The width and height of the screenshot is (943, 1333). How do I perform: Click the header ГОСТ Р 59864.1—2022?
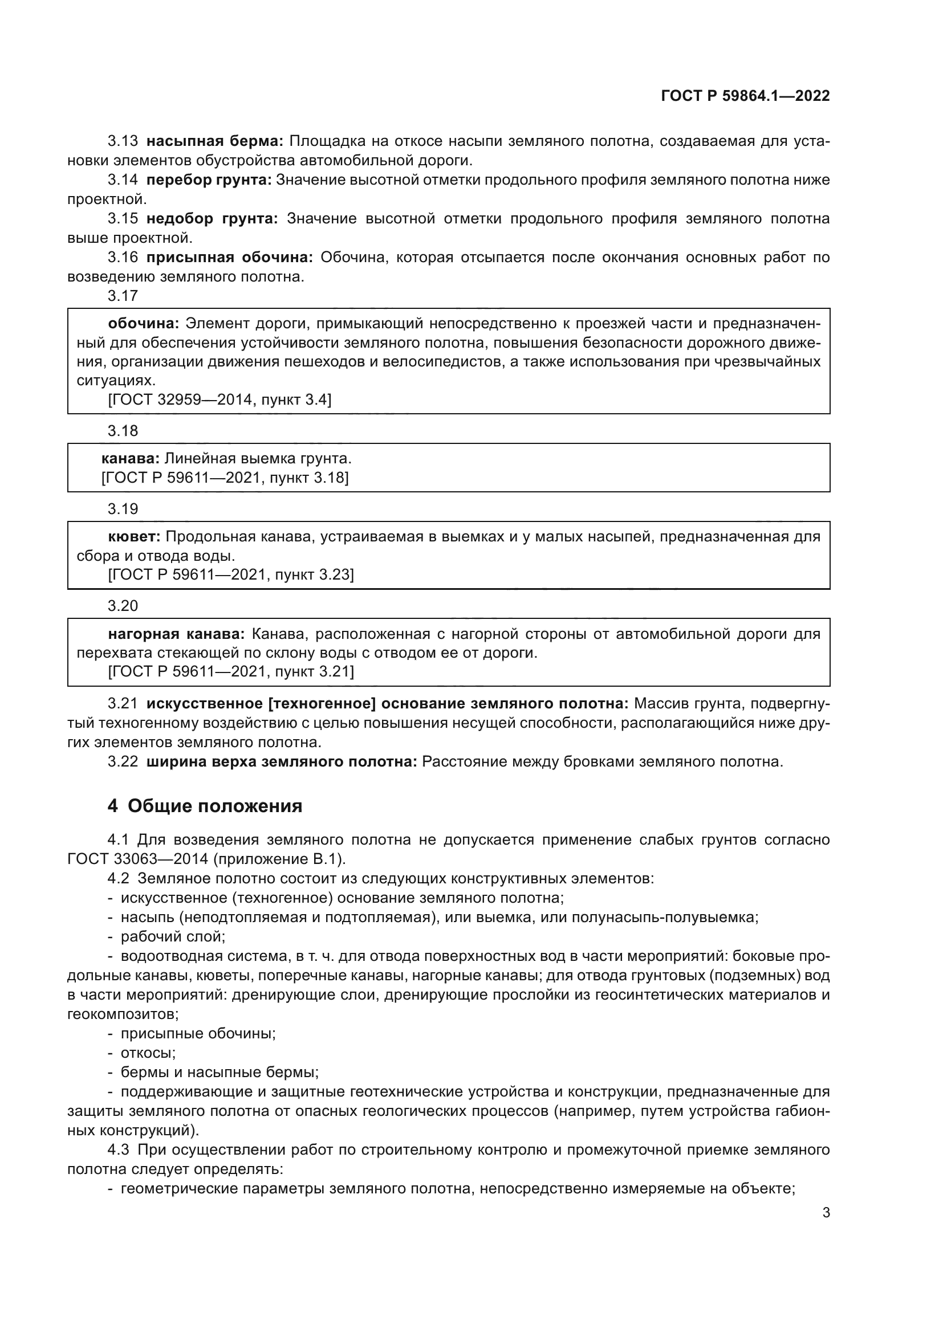(745, 96)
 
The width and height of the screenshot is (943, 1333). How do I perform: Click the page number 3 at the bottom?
(826, 1212)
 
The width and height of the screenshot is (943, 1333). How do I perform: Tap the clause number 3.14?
(123, 180)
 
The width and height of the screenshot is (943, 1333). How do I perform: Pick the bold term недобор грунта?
(212, 219)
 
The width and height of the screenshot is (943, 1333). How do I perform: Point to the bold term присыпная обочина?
(229, 257)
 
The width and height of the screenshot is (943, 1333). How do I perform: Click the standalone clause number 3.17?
(123, 296)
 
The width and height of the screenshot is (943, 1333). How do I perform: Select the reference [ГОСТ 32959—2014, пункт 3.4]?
(220, 400)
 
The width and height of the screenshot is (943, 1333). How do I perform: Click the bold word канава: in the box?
(130, 459)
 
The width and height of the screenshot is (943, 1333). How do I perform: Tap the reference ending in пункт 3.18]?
(225, 478)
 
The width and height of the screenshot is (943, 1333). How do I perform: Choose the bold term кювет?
(134, 536)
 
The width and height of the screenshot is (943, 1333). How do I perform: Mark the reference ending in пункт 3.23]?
(230, 575)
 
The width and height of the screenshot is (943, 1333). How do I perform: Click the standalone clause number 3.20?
(123, 606)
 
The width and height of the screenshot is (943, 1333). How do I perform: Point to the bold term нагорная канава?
(177, 633)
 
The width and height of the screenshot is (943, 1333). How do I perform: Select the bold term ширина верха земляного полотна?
(282, 762)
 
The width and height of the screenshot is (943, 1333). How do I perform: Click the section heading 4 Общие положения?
(205, 806)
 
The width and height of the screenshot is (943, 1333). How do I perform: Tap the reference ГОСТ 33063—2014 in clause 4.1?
(137, 859)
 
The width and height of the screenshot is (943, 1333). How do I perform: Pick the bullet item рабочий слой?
(172, 936)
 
